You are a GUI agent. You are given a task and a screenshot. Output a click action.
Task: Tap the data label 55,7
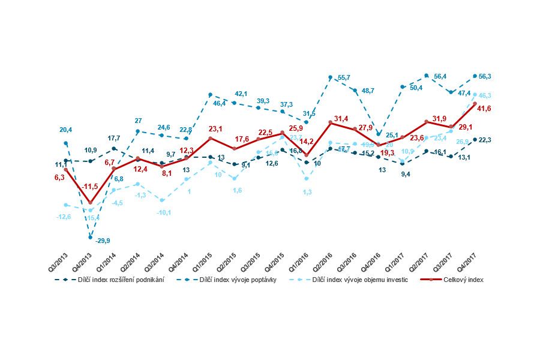[344, 78]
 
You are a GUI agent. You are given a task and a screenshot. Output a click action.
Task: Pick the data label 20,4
[65, 130]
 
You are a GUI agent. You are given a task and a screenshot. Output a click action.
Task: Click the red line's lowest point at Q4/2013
[90, 203]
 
